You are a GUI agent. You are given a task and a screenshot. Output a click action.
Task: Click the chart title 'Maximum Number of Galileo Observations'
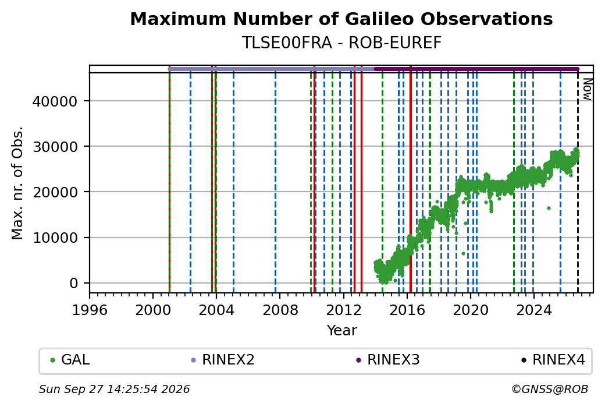[x=341, y=19]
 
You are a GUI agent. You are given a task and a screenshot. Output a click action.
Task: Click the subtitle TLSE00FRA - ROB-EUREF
[x=341, y=43]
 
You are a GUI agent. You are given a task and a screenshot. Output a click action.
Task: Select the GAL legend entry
[x=70, y=360]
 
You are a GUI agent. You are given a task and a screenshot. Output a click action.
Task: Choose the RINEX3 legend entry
[x=388, y=360]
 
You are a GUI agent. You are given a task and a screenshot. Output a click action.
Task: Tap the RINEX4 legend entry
[x=553, y=360]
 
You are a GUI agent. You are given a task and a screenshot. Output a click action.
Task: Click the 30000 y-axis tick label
[x=55, y=147]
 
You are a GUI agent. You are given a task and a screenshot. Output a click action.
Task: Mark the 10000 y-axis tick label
[x=55, y=238]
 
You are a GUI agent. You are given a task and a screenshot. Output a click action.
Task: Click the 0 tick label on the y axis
[x=74, y=284]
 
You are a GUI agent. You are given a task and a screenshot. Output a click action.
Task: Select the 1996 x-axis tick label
[x=90, y=310]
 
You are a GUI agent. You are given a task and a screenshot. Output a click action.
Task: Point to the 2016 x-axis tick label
[x=407, y=310]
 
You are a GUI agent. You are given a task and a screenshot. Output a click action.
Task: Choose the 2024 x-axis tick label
[x=534, y=310]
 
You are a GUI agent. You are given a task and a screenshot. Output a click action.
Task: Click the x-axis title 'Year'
[x=342, y=331]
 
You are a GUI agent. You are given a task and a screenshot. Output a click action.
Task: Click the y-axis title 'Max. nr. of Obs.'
[x=17, y=183]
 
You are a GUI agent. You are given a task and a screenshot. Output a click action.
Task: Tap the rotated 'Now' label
[x=587, y=89]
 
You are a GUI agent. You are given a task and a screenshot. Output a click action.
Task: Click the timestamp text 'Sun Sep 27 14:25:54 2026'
[x=114, y=389]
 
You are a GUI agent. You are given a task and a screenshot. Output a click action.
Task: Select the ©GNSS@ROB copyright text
[x=550, y=389]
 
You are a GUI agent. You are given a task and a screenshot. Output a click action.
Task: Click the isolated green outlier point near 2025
[x=549, y=208]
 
